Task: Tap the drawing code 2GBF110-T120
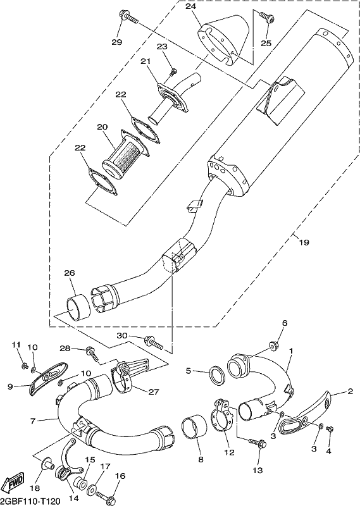point(30,501)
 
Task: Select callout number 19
point(304,242)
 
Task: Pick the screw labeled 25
point(268,16)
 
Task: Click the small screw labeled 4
point(330,429)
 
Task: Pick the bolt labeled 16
point(107,495)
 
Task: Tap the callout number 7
point(33,421)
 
